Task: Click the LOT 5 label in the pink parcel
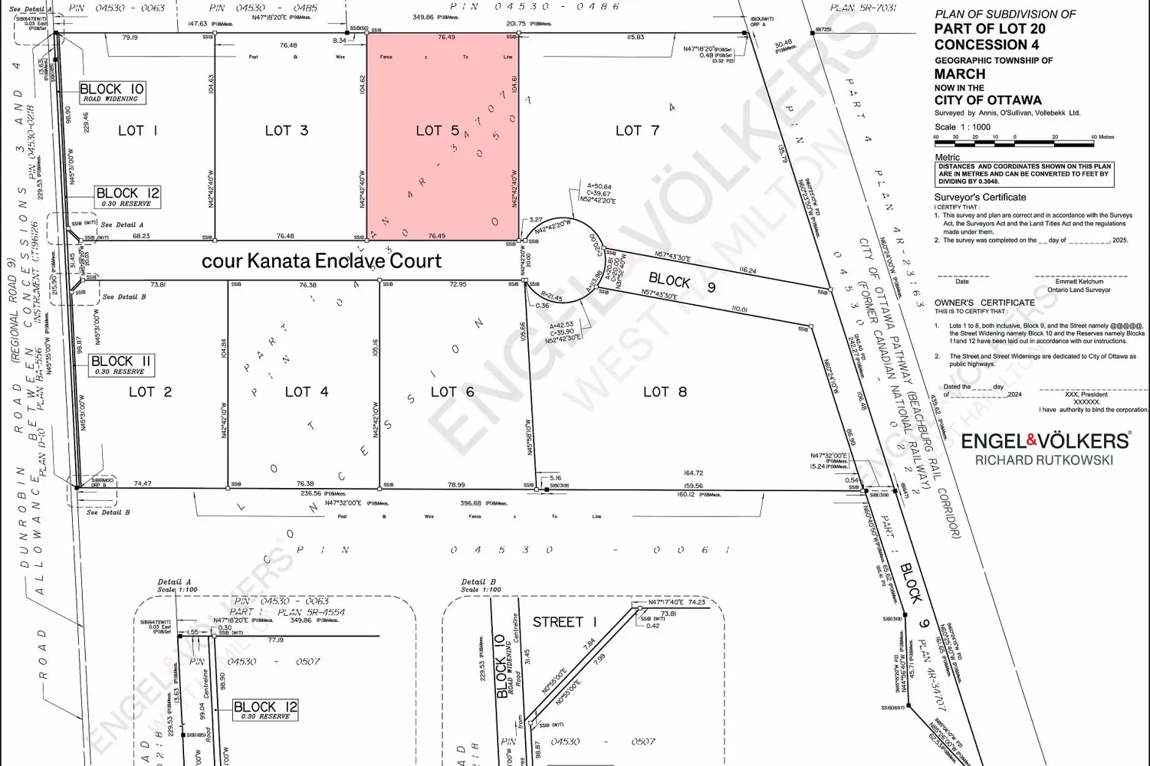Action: tap(437, 131)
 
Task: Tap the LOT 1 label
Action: tap(137, 130)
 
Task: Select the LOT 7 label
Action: tap(637, 130)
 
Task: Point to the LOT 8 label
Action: tap(665, 391)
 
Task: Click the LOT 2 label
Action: tap(150, 391)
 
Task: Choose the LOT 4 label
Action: tap(307, 391)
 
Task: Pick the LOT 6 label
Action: tap(452, 391)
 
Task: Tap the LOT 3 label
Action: tap(287, 130)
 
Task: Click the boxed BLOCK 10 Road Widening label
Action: tap(112, 93)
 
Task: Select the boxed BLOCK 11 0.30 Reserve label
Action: tap(121, 365)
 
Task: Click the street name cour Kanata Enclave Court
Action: tap(321, 261)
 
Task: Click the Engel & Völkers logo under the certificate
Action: tap(1045, 440)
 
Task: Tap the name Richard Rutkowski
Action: tap(1044, 460)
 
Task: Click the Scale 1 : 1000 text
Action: tap(962, 127)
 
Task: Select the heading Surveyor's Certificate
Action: tap(980, 198)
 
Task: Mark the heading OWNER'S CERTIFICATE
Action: tap(984, 303)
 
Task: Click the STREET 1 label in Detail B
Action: tap(564, 622)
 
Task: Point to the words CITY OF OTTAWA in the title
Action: tap(987, 100)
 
